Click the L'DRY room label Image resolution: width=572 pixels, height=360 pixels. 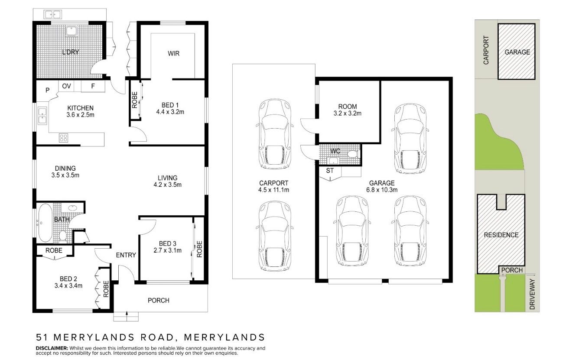pyautogui.click(x=71, y=52)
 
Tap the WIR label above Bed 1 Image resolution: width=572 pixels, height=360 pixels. pyautogui.click(x=173, y=53)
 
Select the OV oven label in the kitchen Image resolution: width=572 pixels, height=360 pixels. pyautogui.click(x=66, y=86)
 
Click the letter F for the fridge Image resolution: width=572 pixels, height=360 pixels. pyautogui.click(x=93, y=86)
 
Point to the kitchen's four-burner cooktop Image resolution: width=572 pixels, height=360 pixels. pyautogui.click(x=63, y=138)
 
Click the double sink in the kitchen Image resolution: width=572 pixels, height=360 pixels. pyautogui.click(x=42, y=116)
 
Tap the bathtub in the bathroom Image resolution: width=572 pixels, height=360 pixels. pyautogui.click(x=45, y=223)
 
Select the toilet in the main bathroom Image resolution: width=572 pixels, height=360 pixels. pyautogui.click(x=63, y=236)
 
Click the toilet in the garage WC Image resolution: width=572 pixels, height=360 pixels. pyautogui.click(x=353, y=154)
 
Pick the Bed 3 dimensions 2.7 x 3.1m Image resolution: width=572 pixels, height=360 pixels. pyautogui.click(x=168, y=250)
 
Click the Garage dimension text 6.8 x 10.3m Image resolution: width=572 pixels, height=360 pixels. pyautogui.click(x=382, y=190)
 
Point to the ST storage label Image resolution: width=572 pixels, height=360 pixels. pyautogui.click(x=330, y=171)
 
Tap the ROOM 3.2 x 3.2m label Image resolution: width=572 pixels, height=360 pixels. pyautogui.click(x=347, y=110)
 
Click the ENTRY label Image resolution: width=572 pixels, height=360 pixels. pyautogui.click(x=126, y=255)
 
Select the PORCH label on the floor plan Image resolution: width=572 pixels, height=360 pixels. pyautogui.click(x=159, y=301)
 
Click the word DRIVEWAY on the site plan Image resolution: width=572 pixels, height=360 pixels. pyautogui.click(x=532, y=294)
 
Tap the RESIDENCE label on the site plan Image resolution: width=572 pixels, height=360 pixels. pyautogui.click(x=501, y=235)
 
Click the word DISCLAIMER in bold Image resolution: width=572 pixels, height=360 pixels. pyautogui.click(x=52, y=348)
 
